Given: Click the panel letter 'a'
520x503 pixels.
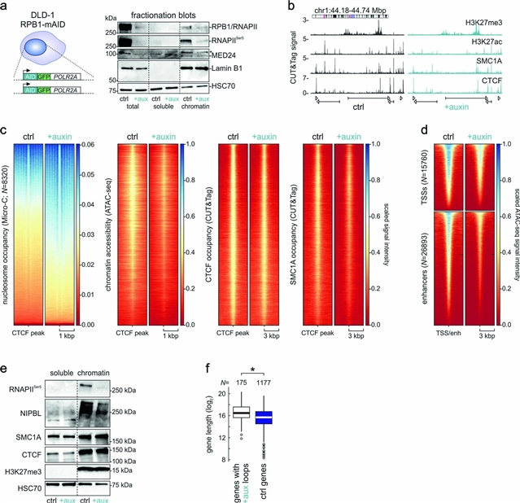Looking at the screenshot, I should point(6,7).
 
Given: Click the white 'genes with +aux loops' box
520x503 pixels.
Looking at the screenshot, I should point(240,413).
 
